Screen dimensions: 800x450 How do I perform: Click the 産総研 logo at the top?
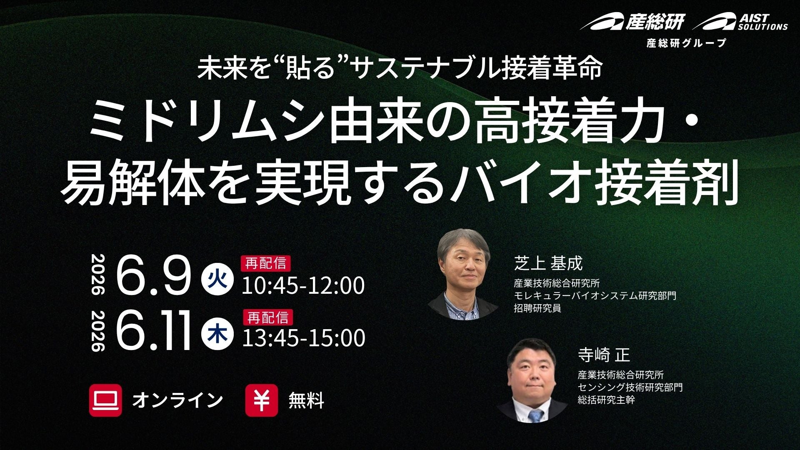click(x=632, y=21)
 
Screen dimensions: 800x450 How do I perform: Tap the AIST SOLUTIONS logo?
click(x=740, y=22)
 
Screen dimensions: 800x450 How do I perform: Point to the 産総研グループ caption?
click(x=686, y=43)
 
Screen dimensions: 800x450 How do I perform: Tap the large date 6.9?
click(x=153, y=275)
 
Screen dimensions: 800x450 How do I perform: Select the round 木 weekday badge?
click(x=217, y=333)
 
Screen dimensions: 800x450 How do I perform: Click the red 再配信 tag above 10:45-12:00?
click(x=265, y=264)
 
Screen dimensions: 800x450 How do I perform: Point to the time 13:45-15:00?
click(x=304, y=338)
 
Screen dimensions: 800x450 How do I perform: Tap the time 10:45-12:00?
click(x=303, y=285)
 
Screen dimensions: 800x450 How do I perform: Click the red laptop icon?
click(x=105, y=400)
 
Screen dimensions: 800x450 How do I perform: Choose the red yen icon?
click(x=262, y=400)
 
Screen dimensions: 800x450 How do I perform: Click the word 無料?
click(x=306, y=400)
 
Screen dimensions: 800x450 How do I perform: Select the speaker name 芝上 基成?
click(x=548, y=263)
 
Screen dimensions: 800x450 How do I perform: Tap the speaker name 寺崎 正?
click(x=604, y=355)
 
